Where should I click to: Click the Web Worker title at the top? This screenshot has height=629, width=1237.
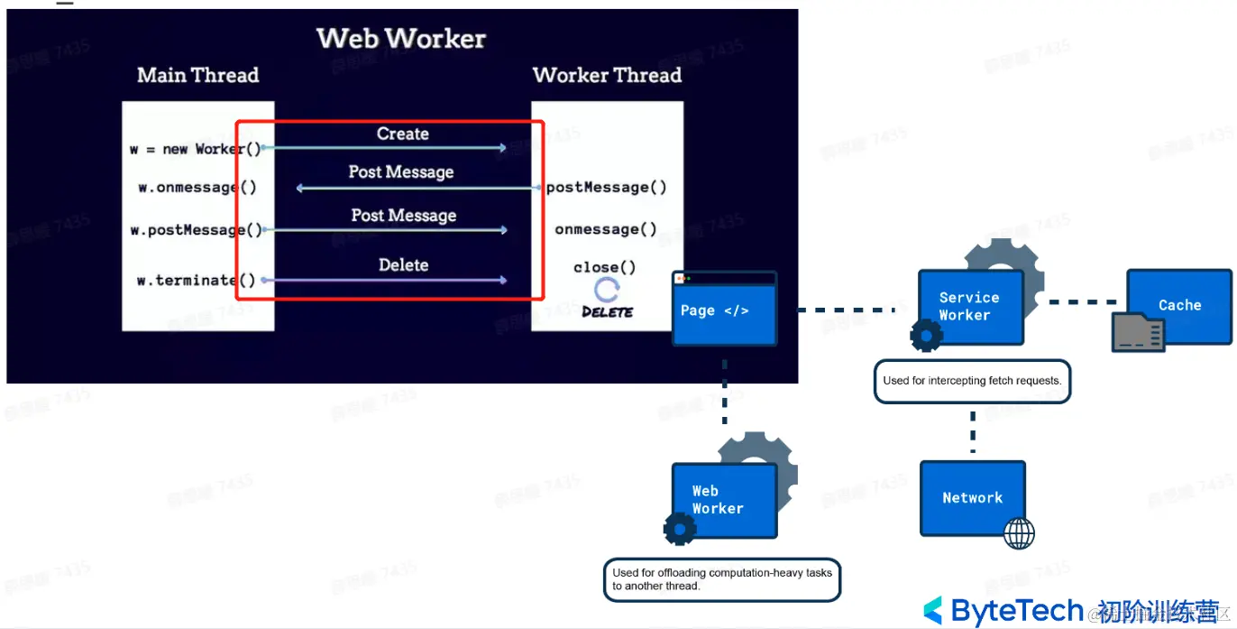401,39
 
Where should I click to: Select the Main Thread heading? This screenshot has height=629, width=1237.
197,75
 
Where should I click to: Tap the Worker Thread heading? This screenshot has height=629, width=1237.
607,75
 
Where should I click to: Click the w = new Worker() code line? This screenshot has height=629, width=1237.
195,149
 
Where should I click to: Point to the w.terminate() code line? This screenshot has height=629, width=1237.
196,281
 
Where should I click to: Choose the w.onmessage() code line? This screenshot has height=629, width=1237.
197,188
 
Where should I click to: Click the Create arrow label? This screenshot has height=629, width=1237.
402,134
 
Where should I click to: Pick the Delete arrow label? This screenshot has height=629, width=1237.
403,265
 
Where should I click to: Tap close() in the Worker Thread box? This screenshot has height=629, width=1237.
604,267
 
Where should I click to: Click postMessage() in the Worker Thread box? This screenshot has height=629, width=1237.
607,188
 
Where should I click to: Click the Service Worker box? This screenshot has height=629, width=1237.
970,307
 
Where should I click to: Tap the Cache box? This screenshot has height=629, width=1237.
1179,306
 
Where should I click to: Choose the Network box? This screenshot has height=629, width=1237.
972,497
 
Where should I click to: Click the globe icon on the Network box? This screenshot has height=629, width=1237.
1019,533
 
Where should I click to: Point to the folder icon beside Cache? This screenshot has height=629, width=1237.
1138,332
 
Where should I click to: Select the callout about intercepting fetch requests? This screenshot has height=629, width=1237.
972,381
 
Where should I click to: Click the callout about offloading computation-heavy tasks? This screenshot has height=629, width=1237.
721,579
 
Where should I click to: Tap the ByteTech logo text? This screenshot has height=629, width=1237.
1017,611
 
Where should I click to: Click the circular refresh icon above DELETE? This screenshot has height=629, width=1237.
607,290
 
